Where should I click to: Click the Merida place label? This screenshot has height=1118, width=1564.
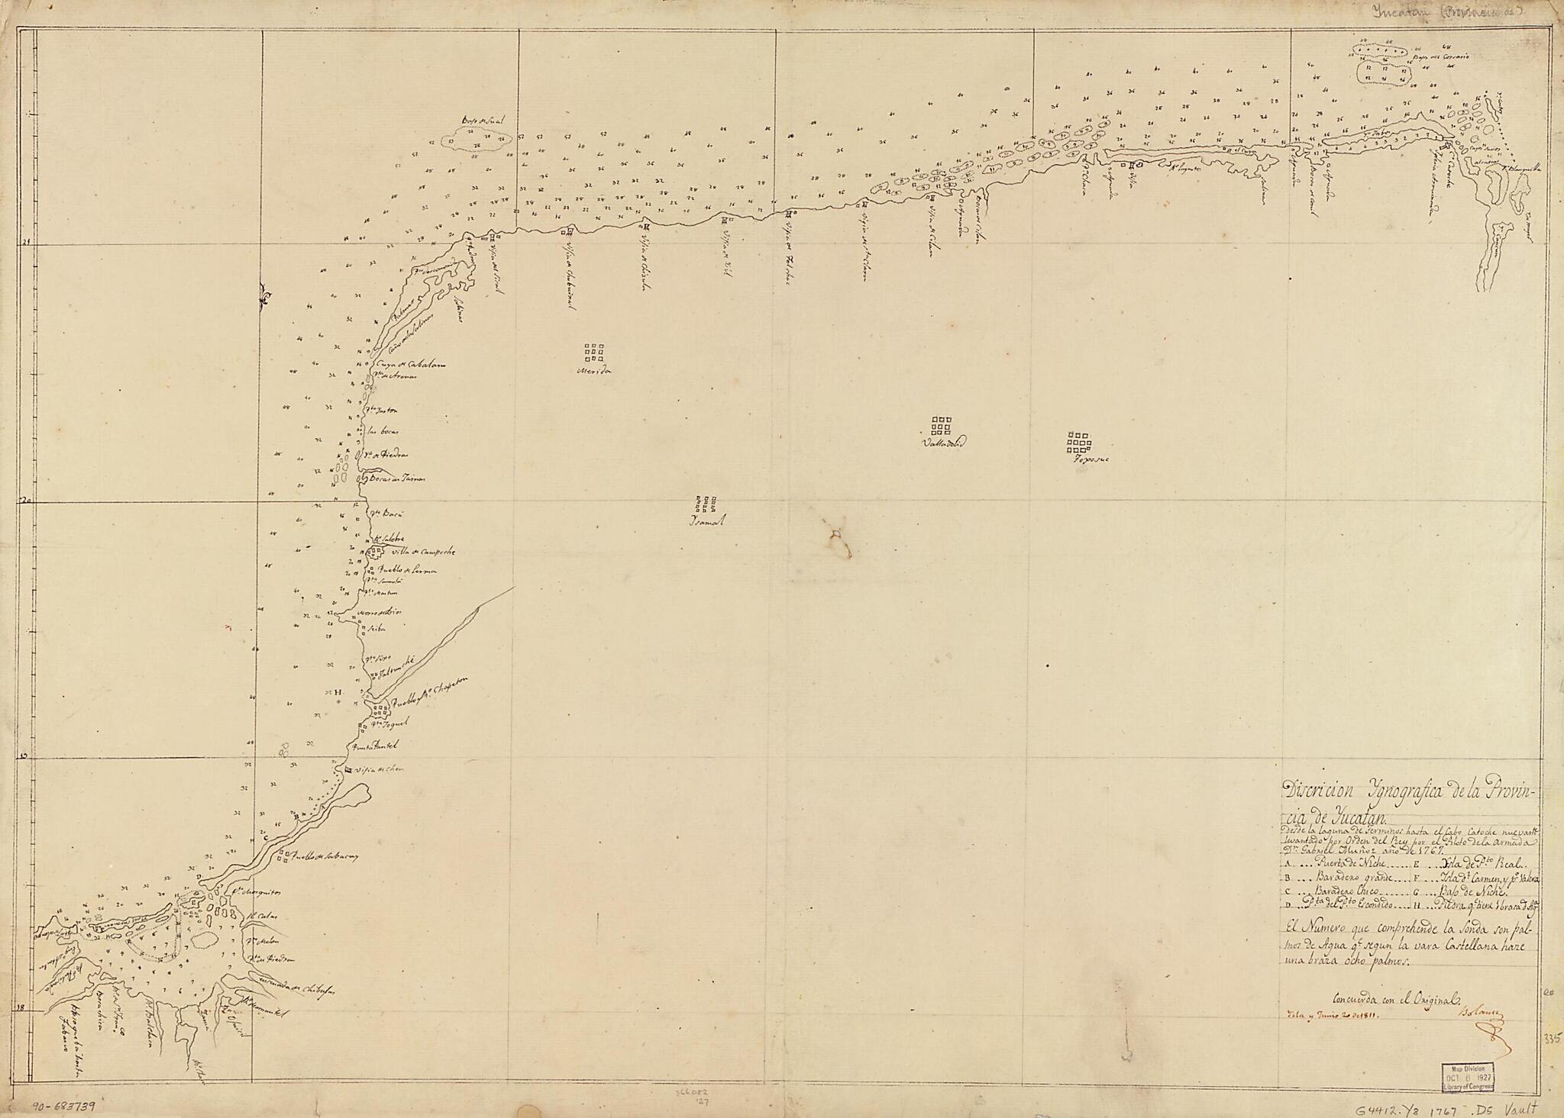(x=596, y=372)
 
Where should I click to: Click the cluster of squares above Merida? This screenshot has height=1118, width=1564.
(x=593, y=352)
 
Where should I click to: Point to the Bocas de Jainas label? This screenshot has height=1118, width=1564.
(x=396, y=479)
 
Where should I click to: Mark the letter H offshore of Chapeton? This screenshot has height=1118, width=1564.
(x=337, y=691)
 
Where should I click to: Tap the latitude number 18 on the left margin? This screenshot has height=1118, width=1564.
(x=21, y=1008)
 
